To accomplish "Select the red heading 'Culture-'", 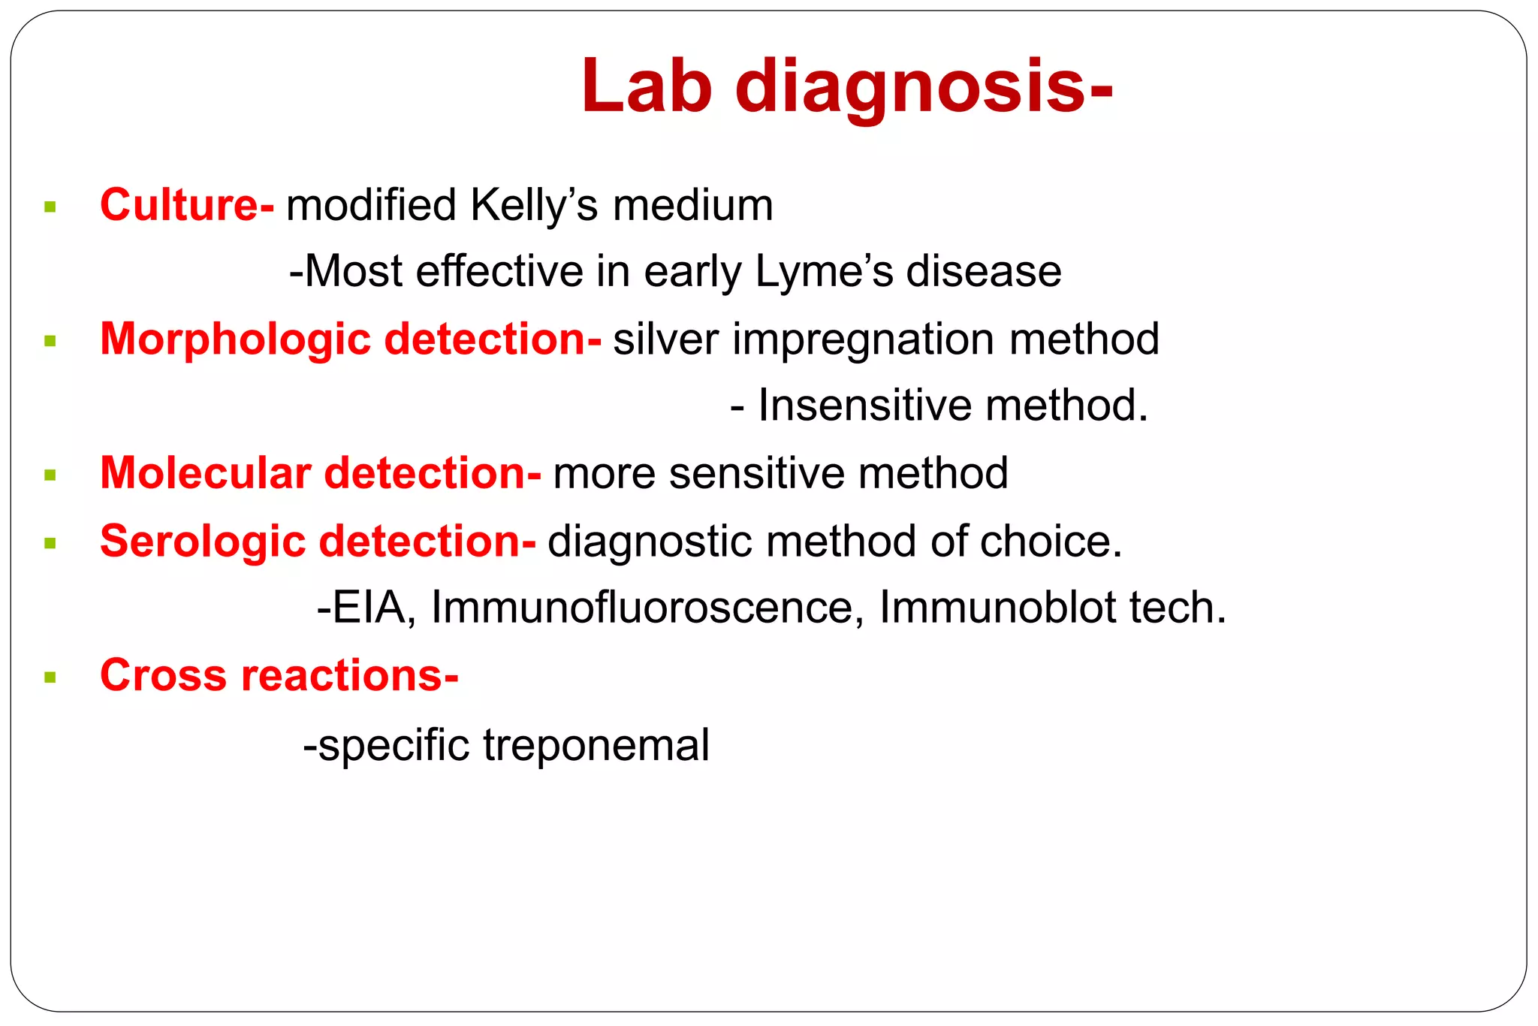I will pyautogui.click(x=187, y=205).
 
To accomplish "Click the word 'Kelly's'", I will pyautogui.click(x=534, y=205).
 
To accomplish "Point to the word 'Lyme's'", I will pyautogui.click(x=824, y=272).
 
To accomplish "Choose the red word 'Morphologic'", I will pyautogui.click(x=235, y=339).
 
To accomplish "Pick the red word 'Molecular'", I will pyautogui.click(x=205, y=473).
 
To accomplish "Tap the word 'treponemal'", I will pyautogui.click(x=596, y=745).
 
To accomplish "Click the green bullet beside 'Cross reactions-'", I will pyautogui.click(x=50, y=677).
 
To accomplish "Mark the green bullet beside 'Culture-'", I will pyautogui.click(x=50, y=207).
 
